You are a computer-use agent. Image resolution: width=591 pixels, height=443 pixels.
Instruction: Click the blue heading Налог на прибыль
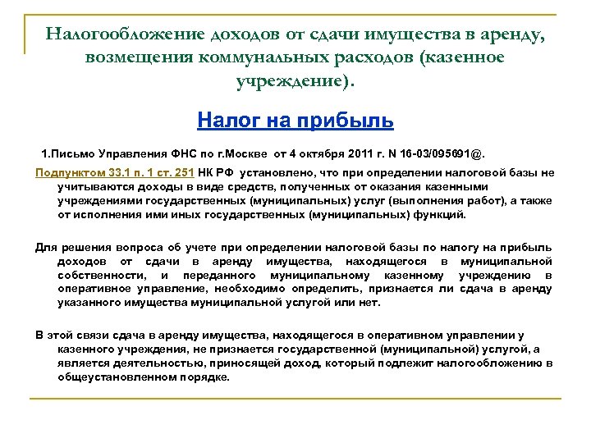[295, 121]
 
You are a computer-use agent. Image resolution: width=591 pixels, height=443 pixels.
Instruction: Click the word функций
[444, 214]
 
